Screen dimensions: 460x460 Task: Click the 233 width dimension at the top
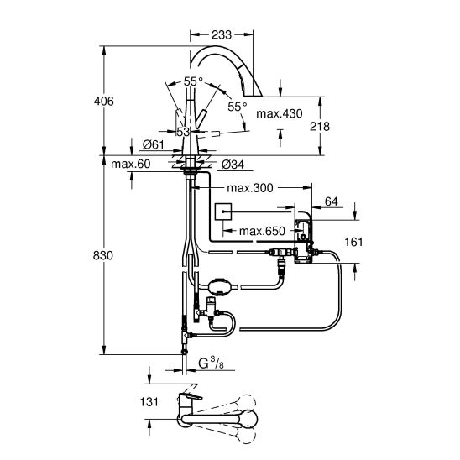click(222, 35)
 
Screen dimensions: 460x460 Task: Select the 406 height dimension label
click(103, 102)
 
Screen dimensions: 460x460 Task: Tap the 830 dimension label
click(103, 256)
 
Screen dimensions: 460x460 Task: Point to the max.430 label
click(280, 113)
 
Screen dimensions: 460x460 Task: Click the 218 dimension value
click(320, 127)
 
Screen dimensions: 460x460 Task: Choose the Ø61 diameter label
click(154, 144)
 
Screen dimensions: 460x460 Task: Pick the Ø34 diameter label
click(233, 165)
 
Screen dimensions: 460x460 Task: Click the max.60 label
click(131, 164)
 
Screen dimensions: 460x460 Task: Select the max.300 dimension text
click(250, 188)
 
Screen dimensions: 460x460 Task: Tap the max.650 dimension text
click(262, 232)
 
